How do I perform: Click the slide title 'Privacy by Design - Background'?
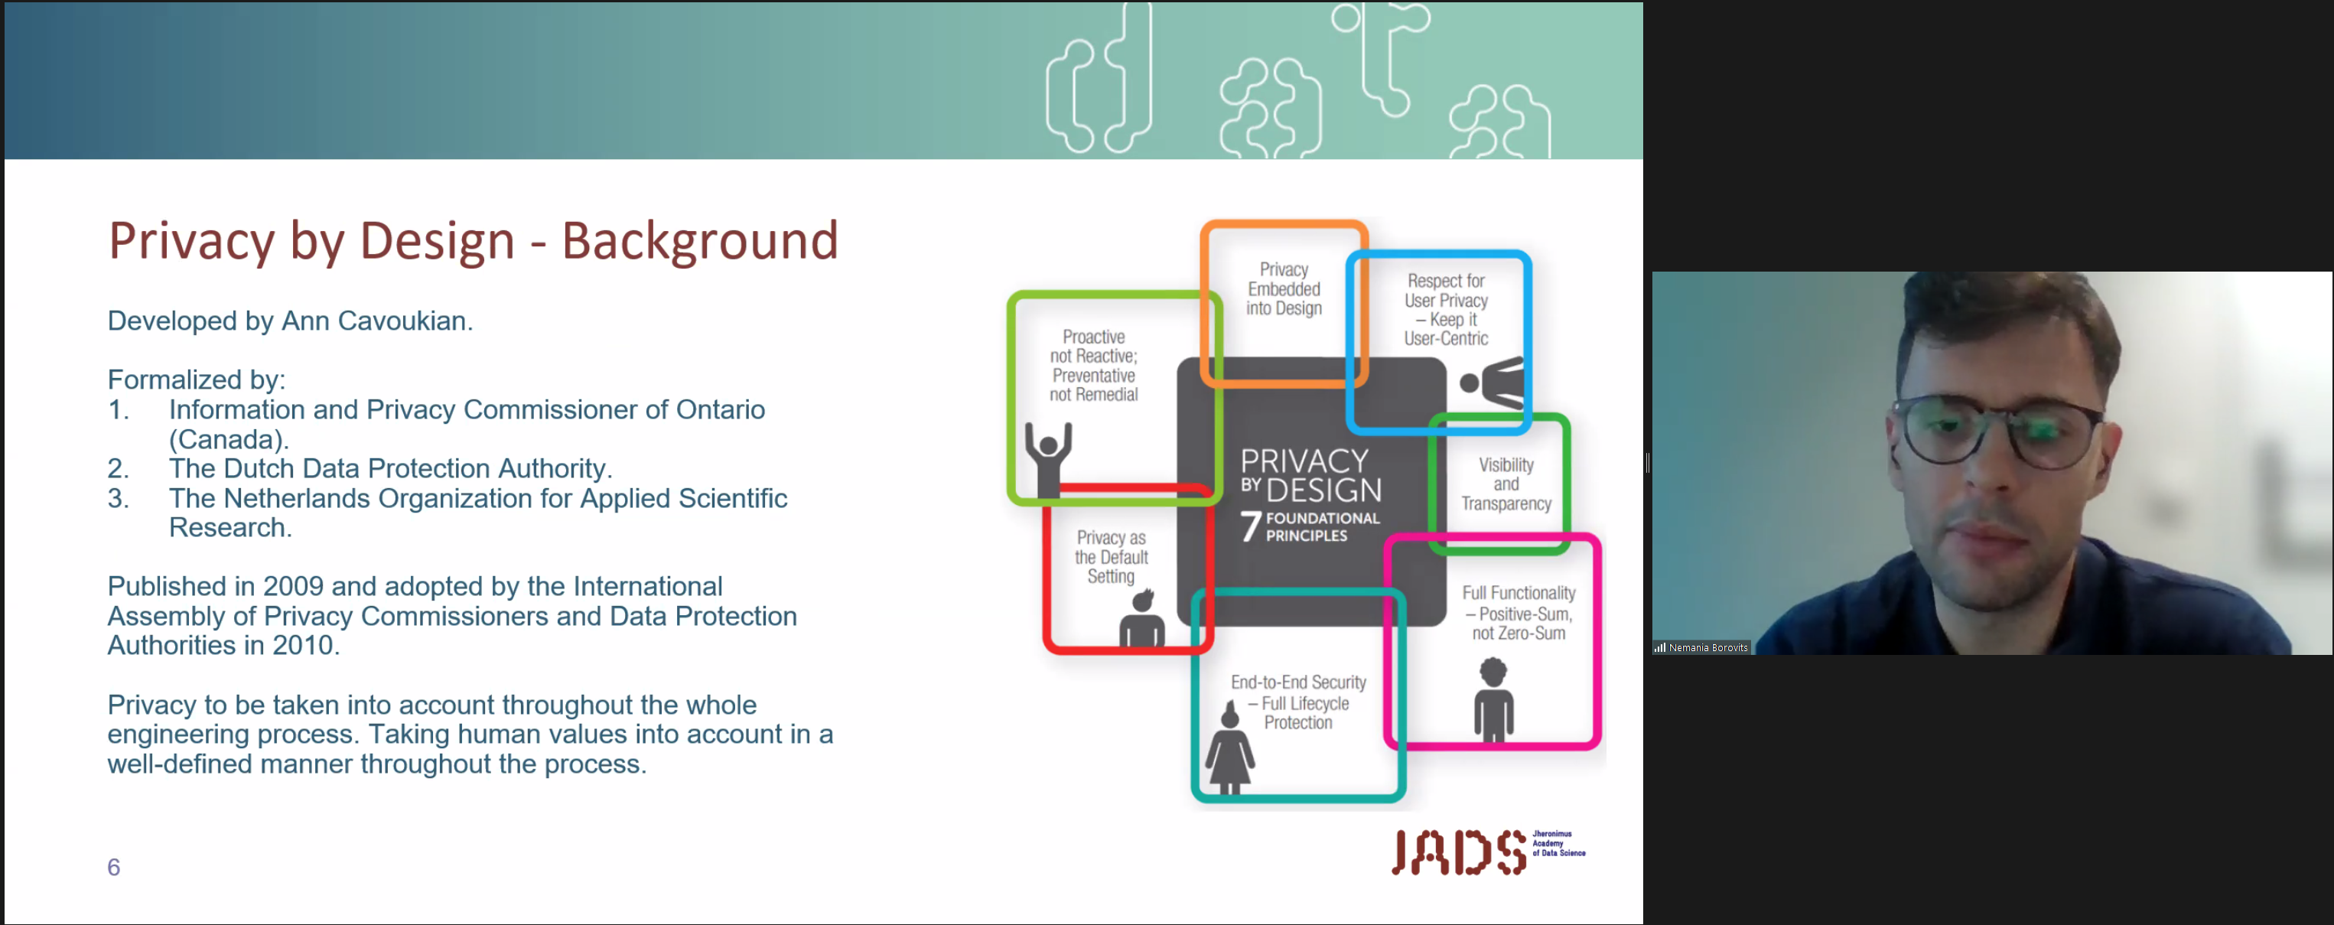tap(473, 241)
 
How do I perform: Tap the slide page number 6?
tap(113, 867)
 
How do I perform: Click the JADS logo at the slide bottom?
tap(1488, 852)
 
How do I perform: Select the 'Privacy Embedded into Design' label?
tap(1284, 289)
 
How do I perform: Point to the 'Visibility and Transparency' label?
tap(1506, 484)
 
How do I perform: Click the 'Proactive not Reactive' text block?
tap(1094, 365)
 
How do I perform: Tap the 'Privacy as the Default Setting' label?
tap(1111, 556)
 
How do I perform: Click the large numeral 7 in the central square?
tap(1252, 526)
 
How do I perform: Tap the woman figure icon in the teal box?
tap(1229, 747)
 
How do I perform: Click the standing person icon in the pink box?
tap(1493, 699)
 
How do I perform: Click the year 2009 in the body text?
tap(294, 586)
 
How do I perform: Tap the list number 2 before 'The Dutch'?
tap(118, 468)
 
